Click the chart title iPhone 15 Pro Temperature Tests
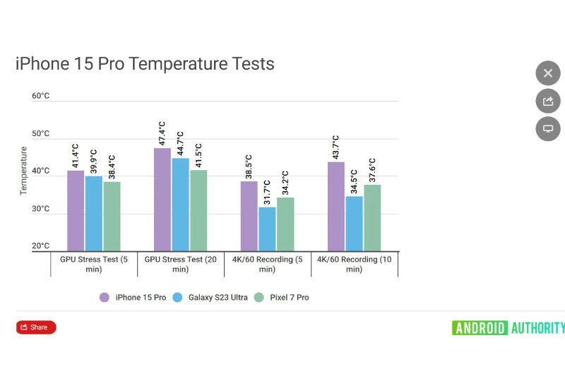[x=145, y=64]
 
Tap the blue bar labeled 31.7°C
[x=267, y=229]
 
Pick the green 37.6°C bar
[x=372, y=218]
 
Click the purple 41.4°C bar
[x=76, y=211]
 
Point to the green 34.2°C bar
[x=285, y=224]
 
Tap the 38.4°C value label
[x=112, y=167]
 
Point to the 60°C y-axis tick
[x=41, y=96]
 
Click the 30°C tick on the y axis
[x=41, y=210]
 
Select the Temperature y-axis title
[x=23, y=171]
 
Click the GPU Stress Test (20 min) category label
[x=180, y=264]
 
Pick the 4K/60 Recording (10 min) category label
[x=355, y=264]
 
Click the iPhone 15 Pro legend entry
[x=133, y=298]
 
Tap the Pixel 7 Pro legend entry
[x=282, y=298]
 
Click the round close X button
[x=547, y=73]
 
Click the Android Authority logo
[x=508, y=327]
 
